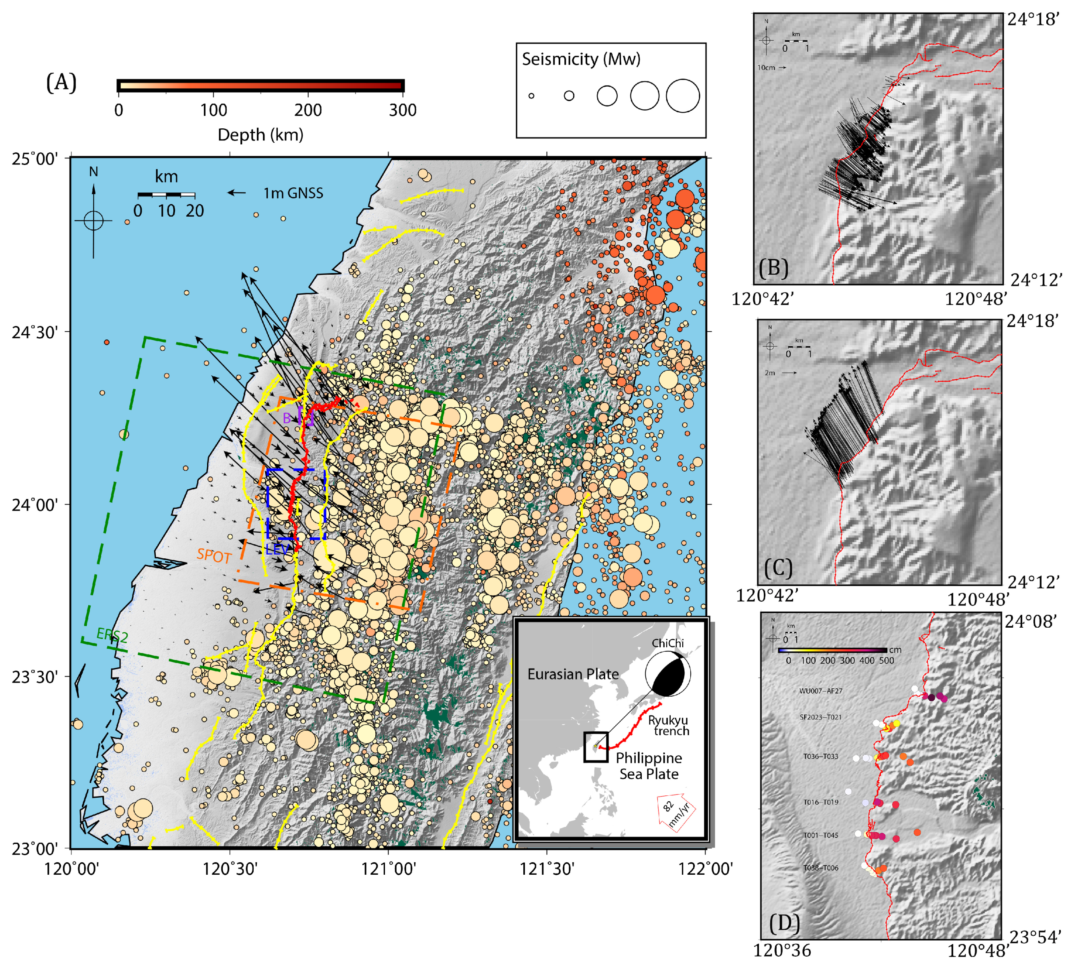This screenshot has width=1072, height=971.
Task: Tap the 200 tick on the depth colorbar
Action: pyautogui.click(x=308, y=110)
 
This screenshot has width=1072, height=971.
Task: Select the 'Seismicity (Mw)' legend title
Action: pyautogui.click(x=581, y=59)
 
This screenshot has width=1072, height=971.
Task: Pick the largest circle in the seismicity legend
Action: pyautogui.click(x=683, y=96)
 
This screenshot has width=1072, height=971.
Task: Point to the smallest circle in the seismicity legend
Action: pyautogui.click(x=531, y=96)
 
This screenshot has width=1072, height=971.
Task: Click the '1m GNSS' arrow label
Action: pyautogui.click(x=293, y=193)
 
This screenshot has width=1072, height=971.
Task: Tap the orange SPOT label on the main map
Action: pyautogui.click(x=214, y=556)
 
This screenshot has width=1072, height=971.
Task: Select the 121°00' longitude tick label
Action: pyautogui.click(x=389, y=869)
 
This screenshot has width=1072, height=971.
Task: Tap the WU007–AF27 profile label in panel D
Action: pyautogui.click(x=820, y=691)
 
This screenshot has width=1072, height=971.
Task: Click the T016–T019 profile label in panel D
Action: pyautogui.click(x=820, y=802)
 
